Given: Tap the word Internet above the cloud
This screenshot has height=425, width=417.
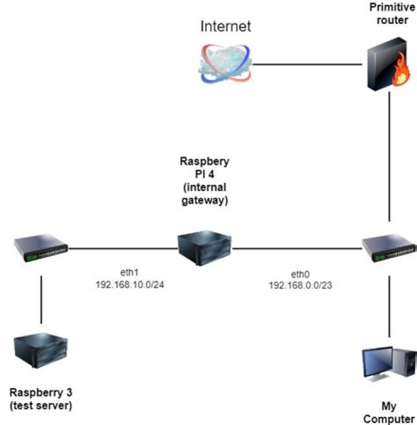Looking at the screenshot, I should [x=226, y=26].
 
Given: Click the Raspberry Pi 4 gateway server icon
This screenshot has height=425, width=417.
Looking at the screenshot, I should [x=204, y=248].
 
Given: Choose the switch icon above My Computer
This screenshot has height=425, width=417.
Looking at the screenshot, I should [x=389, y=248].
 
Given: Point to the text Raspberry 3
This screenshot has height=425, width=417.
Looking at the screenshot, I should [x=41, y=393].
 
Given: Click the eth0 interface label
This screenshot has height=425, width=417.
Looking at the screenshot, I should [x=302, y=274].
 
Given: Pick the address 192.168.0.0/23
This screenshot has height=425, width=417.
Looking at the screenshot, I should [x=302, y=285].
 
